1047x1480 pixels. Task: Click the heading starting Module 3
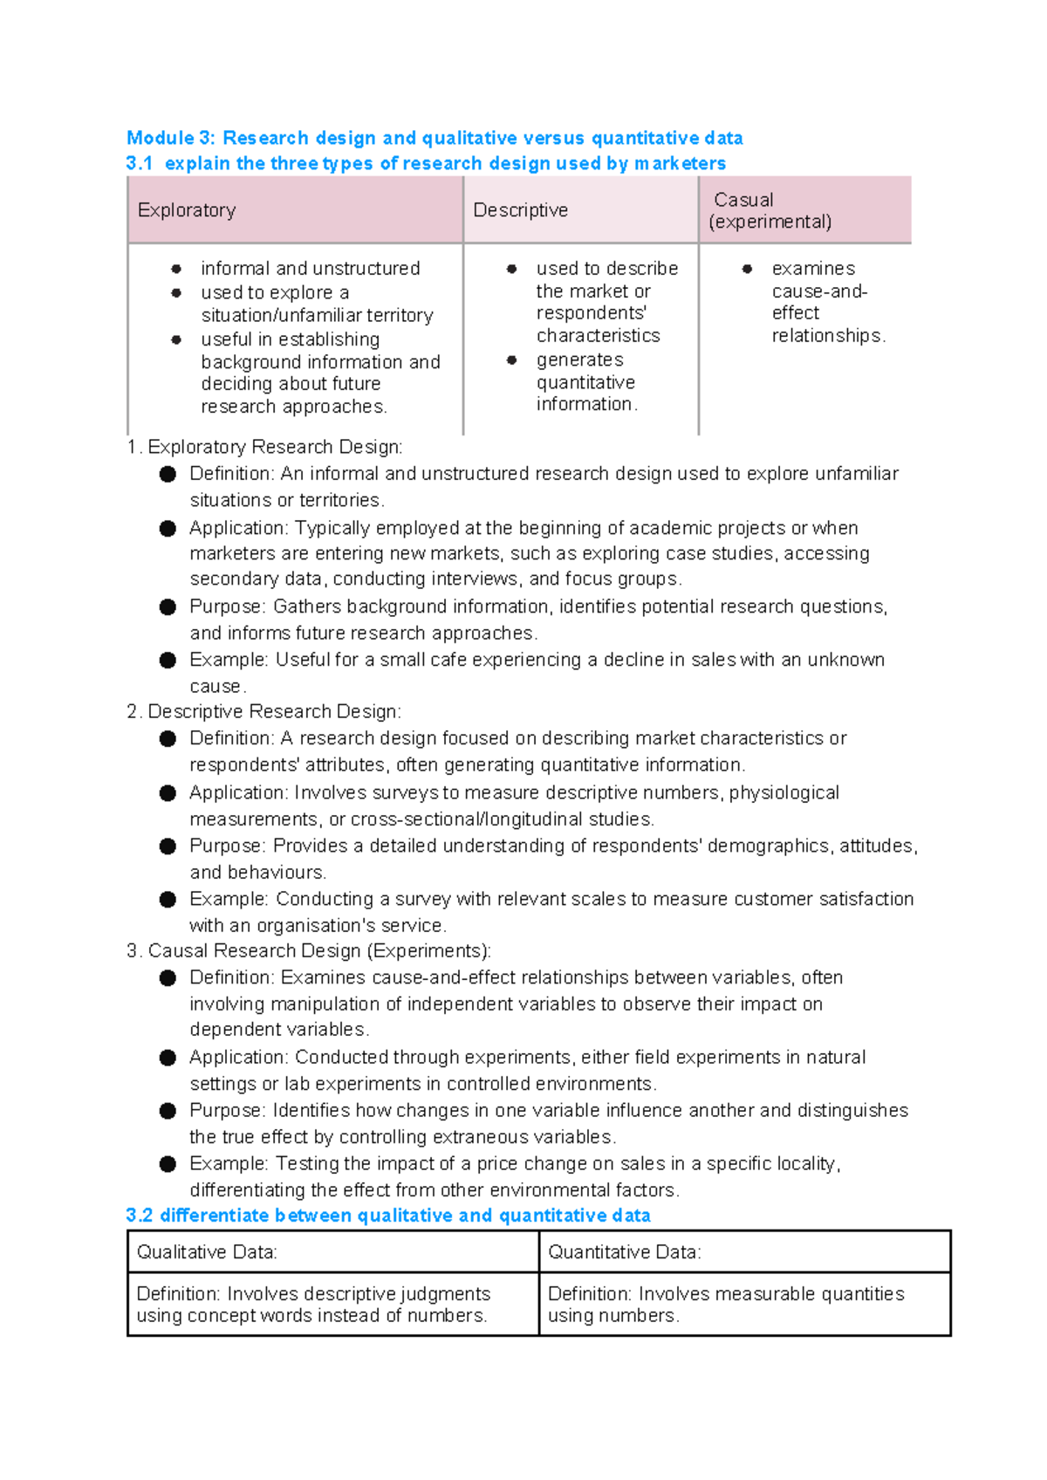tap(435, 138)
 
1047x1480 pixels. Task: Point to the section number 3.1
tap(139, 163)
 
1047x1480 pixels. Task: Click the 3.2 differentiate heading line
tap(388, 1216)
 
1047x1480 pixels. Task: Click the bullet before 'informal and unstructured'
tap(176, 269)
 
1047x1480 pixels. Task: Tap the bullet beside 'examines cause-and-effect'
tap(747, 269)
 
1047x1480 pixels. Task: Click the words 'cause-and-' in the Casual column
tap(819, 291)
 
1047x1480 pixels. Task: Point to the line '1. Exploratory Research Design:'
tap(264, 447)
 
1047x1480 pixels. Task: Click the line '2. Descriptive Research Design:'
tap(263, 711)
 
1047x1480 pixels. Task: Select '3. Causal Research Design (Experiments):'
tap(309, 950)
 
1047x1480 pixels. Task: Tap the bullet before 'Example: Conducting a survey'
tap(168, 900)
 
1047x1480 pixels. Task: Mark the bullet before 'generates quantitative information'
tap(512, 360)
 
